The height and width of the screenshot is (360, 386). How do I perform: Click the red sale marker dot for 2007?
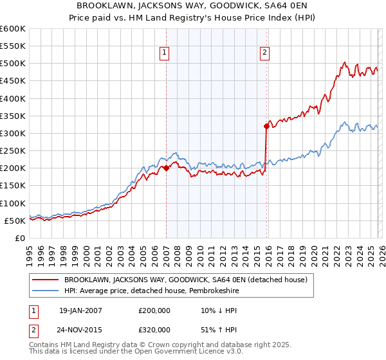tap(166, 168)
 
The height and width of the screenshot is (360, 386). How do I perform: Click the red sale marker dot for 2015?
tap(266, 127)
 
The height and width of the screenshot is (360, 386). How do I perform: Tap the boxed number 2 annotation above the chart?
tap(265, 53)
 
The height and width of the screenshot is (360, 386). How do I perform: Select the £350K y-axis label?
tap(13, 116)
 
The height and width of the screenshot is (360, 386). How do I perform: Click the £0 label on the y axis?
tap(19, 238)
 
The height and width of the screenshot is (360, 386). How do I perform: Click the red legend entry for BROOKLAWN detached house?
tap(186, 280)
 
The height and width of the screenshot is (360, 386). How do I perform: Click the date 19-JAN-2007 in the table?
tap(80, 310)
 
